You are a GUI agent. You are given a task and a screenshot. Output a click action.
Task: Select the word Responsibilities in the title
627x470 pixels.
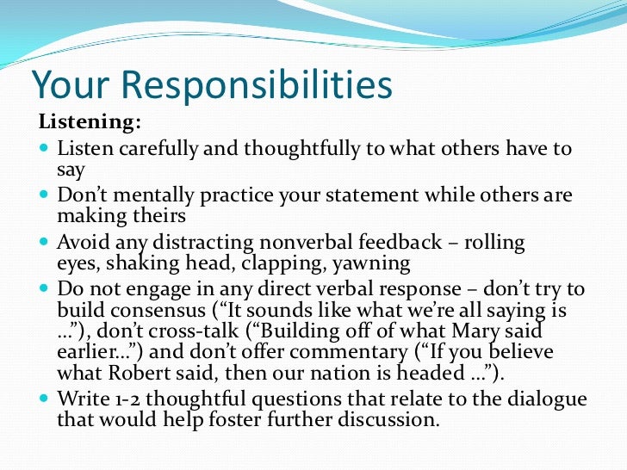(x=255, y=86)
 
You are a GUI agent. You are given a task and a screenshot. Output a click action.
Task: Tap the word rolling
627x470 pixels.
(x=494, y=242)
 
